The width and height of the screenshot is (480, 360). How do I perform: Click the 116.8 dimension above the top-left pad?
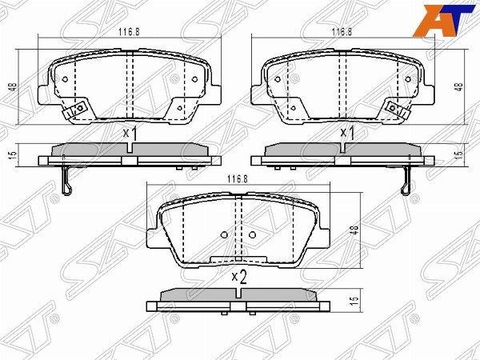(x=129, y=31)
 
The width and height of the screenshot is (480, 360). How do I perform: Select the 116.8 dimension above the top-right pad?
(x=342, y=31)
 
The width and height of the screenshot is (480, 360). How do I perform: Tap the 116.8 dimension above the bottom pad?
(x=238, y=179)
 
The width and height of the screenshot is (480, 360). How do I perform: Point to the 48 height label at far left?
(x=14, y=87)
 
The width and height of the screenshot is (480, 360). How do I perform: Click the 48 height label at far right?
(x=459, y=87)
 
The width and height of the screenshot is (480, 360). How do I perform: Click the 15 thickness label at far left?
(x=14, y=154)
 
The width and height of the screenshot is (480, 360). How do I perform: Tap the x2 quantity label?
(x=239, y=277)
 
